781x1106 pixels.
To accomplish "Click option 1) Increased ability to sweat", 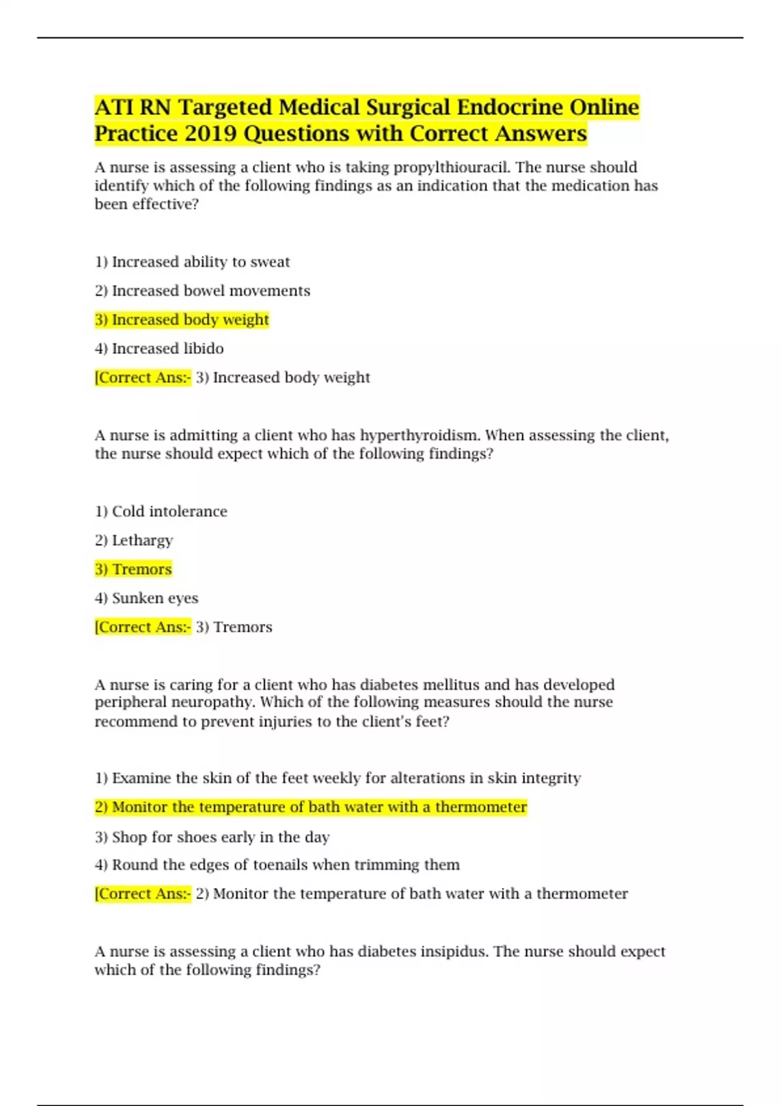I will (192, 262).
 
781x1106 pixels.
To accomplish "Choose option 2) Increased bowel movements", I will (202, 291).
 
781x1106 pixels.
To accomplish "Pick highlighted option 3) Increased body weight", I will (182, 319).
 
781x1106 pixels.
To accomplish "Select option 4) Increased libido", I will (159, 349).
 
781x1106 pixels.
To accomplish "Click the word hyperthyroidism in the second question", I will (419, 435).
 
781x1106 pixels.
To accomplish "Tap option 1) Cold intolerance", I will (161, 511).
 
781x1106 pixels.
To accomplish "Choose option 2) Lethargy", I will (133, 540).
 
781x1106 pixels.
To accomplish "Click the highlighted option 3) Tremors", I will (133, 569).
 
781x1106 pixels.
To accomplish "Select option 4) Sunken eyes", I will (146, 598).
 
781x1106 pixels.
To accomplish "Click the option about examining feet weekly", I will (338, 778).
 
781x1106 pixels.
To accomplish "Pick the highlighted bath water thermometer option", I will (310, 807).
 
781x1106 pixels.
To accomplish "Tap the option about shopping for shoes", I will (212, 837).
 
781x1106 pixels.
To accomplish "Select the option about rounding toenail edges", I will (277, 865).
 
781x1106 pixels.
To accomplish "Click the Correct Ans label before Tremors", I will (143, 627).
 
